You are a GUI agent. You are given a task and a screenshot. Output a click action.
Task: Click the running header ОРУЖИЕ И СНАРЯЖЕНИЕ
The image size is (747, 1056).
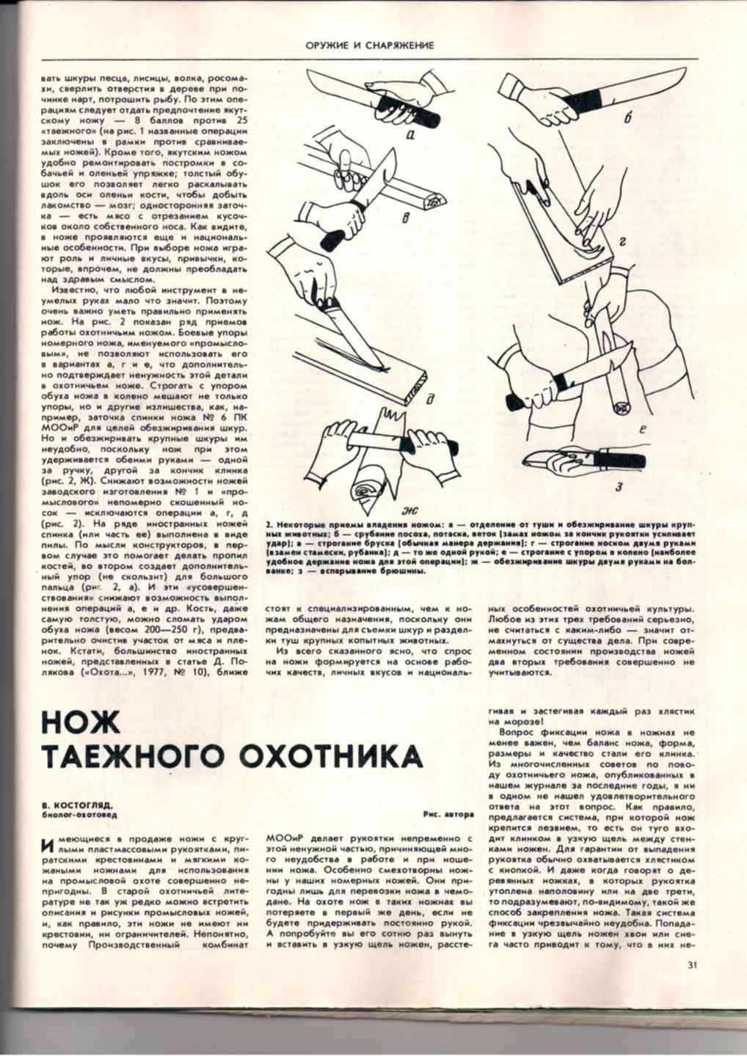click(x=370, y=45)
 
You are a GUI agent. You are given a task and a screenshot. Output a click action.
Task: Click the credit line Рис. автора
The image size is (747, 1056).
click(x=448, y=814)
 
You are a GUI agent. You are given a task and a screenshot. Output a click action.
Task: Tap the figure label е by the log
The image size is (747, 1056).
click(x=641, y=433)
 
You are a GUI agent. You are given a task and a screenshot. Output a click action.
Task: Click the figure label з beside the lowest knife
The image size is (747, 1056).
click(x=620, y=487)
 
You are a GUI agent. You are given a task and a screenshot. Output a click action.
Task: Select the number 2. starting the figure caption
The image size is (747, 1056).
click(x=269, y=526)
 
